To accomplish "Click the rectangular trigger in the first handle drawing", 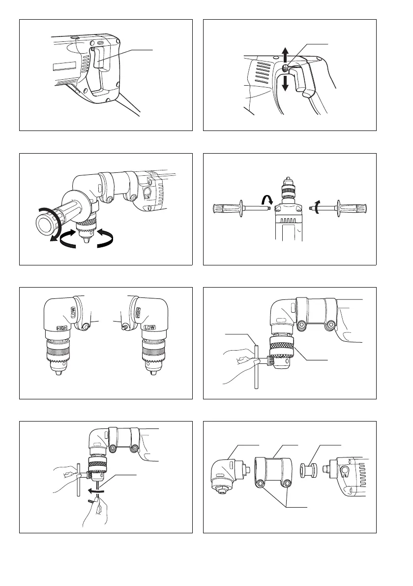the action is tap(98, 58).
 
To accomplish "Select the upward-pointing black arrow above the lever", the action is tap(285, 55).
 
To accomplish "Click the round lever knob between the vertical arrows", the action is tap(285, 67).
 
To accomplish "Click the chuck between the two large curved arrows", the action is tap(86, 232).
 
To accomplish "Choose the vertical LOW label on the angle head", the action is tap(73, 312).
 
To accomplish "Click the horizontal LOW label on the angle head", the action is tap(150, 327).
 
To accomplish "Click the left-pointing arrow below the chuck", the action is tap(94, 490).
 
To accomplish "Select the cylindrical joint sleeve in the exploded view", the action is tap(273, 473).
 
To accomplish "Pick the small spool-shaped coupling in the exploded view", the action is tap(309, 470).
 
